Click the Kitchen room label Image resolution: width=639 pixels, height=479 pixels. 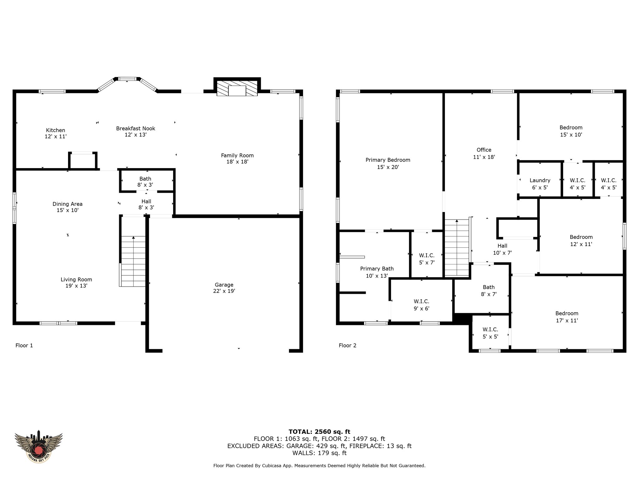pyautogui.click(x=56, y=133)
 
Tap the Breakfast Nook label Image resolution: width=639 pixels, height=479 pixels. pyautogui.click(x=135, y=131)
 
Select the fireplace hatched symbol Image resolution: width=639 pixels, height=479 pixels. pyautogui.click(x=237, y=88)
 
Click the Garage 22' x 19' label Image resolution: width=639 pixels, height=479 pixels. pyautogui.click(x=224, y=288)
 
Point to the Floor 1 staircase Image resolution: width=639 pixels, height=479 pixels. pyautogui.click(x=133, y=261)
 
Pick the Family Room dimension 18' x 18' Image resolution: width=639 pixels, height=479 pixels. pyautogui.click(x=237, y=162)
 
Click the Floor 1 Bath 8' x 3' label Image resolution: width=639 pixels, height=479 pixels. pyautogui.click(x=145, y=182)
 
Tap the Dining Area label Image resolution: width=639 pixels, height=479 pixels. pyautogui.click(x=67, y=207)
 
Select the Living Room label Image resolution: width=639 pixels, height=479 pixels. pyautogui.click(x=76, y=283)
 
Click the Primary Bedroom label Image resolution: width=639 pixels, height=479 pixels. pyautogui.click(x=388, y=163)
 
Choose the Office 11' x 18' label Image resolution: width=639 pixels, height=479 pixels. pyautogui.click(x=484, y=153)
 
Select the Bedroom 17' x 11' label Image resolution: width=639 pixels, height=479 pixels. pyautogui.click(x=567, y=317)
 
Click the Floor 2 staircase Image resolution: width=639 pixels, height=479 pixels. pyautogui.click(x=457, y=248)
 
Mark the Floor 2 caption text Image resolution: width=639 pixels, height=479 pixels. pyautogui.click(x=348, y=345)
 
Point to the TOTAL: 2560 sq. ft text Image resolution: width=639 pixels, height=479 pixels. pyautogui.click(x=319, y=432)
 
